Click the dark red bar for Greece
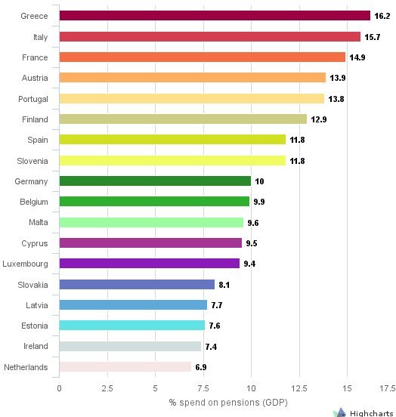click(215, 16)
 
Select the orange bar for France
click(202, 57)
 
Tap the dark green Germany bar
click(155, 181)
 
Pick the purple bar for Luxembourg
click(149, 264)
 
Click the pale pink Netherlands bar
click(125, 366)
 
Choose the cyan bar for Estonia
click(131, 326)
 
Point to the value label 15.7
click(373, 37)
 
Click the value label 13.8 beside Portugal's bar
click(337, 99)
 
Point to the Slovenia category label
click(32, 160)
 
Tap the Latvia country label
click(36, 304)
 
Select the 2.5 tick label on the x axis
click(107, 388)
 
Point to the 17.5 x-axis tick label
click(387, 388)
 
